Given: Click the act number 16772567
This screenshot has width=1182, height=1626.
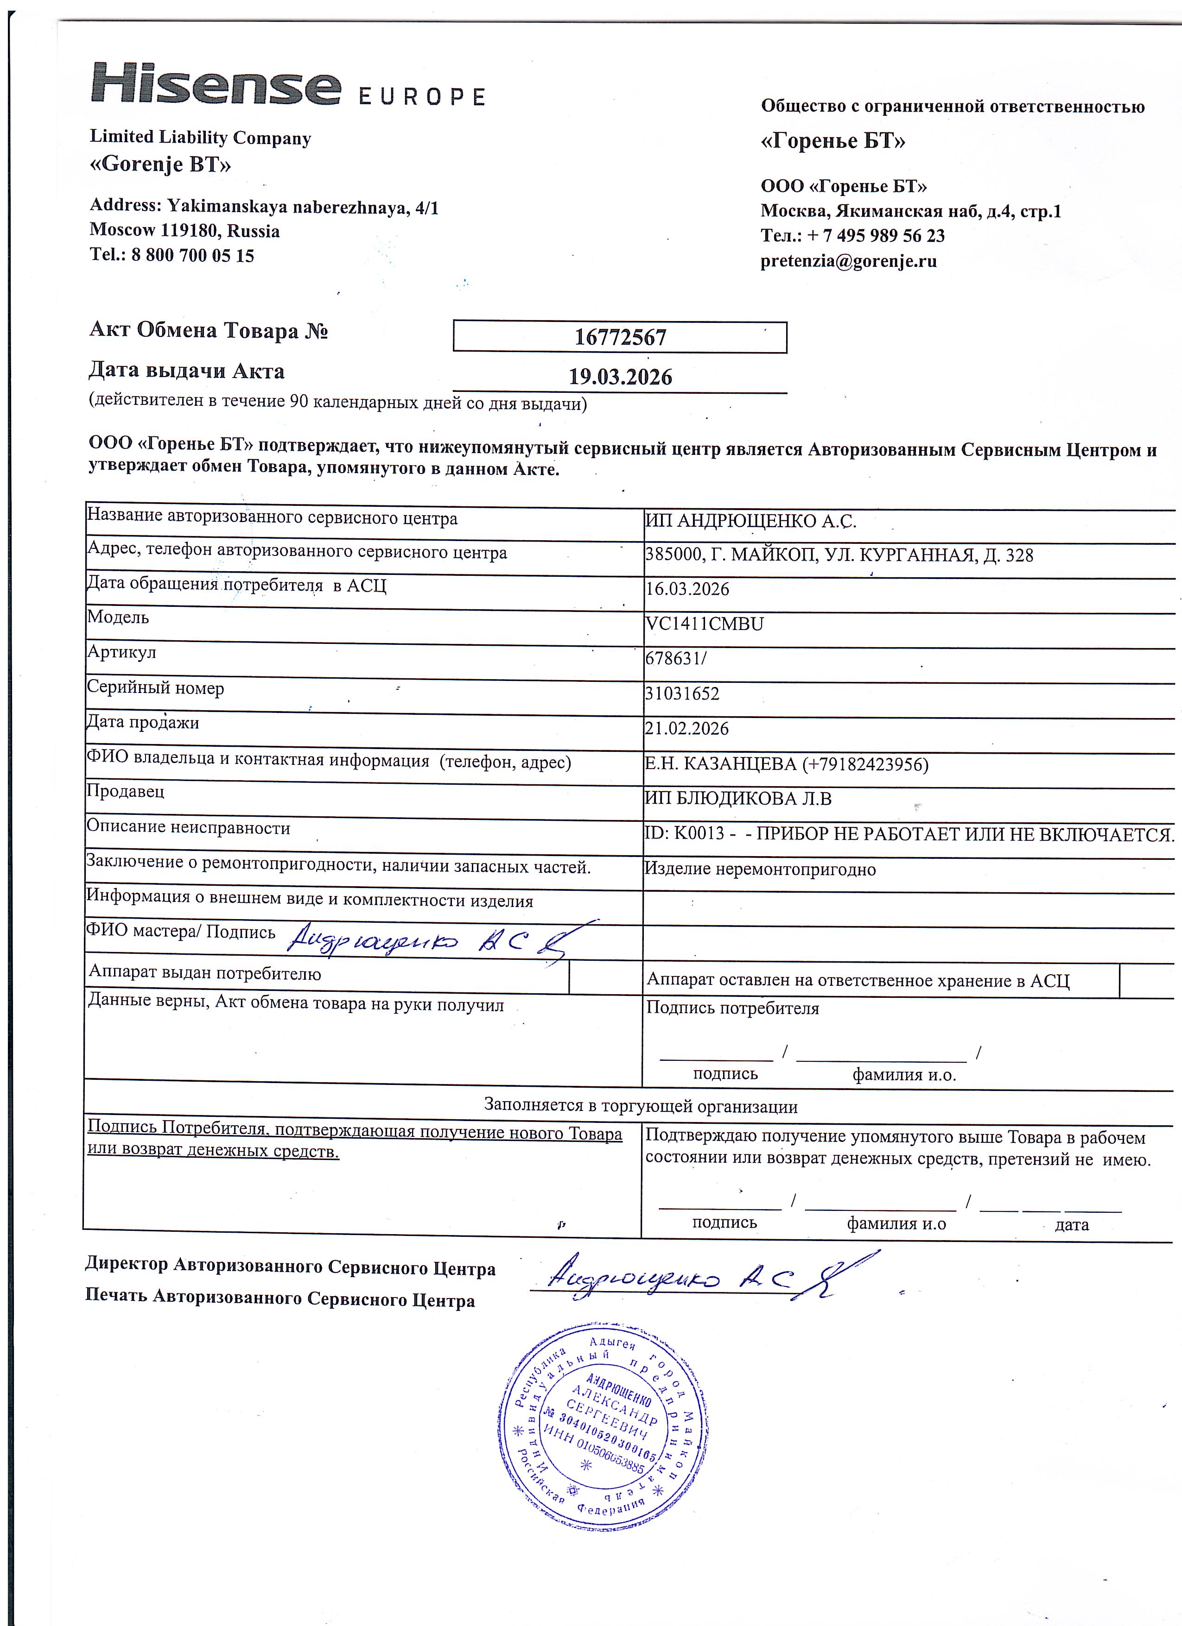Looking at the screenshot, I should click(x=620, y=337).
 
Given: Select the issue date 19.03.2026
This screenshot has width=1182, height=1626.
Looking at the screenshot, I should click(x=620, y=377).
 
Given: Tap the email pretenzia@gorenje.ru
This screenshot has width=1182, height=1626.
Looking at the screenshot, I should click(x=848, y=261).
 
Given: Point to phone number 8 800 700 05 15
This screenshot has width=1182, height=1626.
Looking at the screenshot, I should click(x=192, y=256).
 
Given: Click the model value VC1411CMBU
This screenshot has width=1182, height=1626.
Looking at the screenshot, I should click(x=704, y=624).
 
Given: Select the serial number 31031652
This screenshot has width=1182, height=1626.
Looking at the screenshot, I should click(x=682, y=694).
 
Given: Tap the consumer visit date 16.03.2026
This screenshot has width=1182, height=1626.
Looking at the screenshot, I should click(x=687, y=589).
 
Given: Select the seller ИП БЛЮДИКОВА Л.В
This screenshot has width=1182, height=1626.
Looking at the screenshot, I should click(x=738, y=799).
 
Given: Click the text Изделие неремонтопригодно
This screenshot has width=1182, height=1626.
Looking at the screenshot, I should click(x=760, y=870).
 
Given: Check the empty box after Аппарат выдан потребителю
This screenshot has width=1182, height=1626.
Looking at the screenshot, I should click(x=605, y=977).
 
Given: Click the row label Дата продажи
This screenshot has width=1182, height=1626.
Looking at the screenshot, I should click(x=143, y=723).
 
